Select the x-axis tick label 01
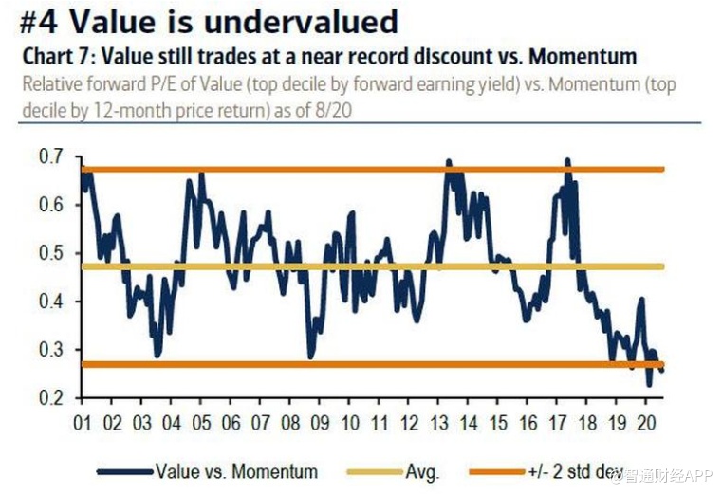pos(83,422)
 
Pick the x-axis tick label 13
pos(439,422)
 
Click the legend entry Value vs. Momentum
pos(237,470)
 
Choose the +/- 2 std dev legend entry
pos(606,470)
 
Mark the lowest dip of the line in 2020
pos(649,385)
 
